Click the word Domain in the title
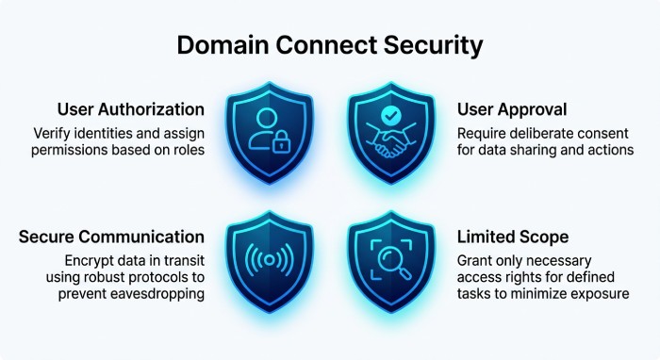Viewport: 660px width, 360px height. click(x=223, y=44)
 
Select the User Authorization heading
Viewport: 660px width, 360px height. click(x=131, y=109)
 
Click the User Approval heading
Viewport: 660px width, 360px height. click(x=512, y=110)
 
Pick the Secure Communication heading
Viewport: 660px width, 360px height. click(x=111, y=237)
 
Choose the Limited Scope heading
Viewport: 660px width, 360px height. click(x=513, y=237)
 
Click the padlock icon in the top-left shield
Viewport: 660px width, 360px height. click(x=281, y=141)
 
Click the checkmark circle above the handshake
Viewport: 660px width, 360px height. click(x=391, y=115)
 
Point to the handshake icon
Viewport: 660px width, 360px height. click(x=391, y=140)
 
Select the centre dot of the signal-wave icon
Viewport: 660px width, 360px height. click(x=270, y=261)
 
